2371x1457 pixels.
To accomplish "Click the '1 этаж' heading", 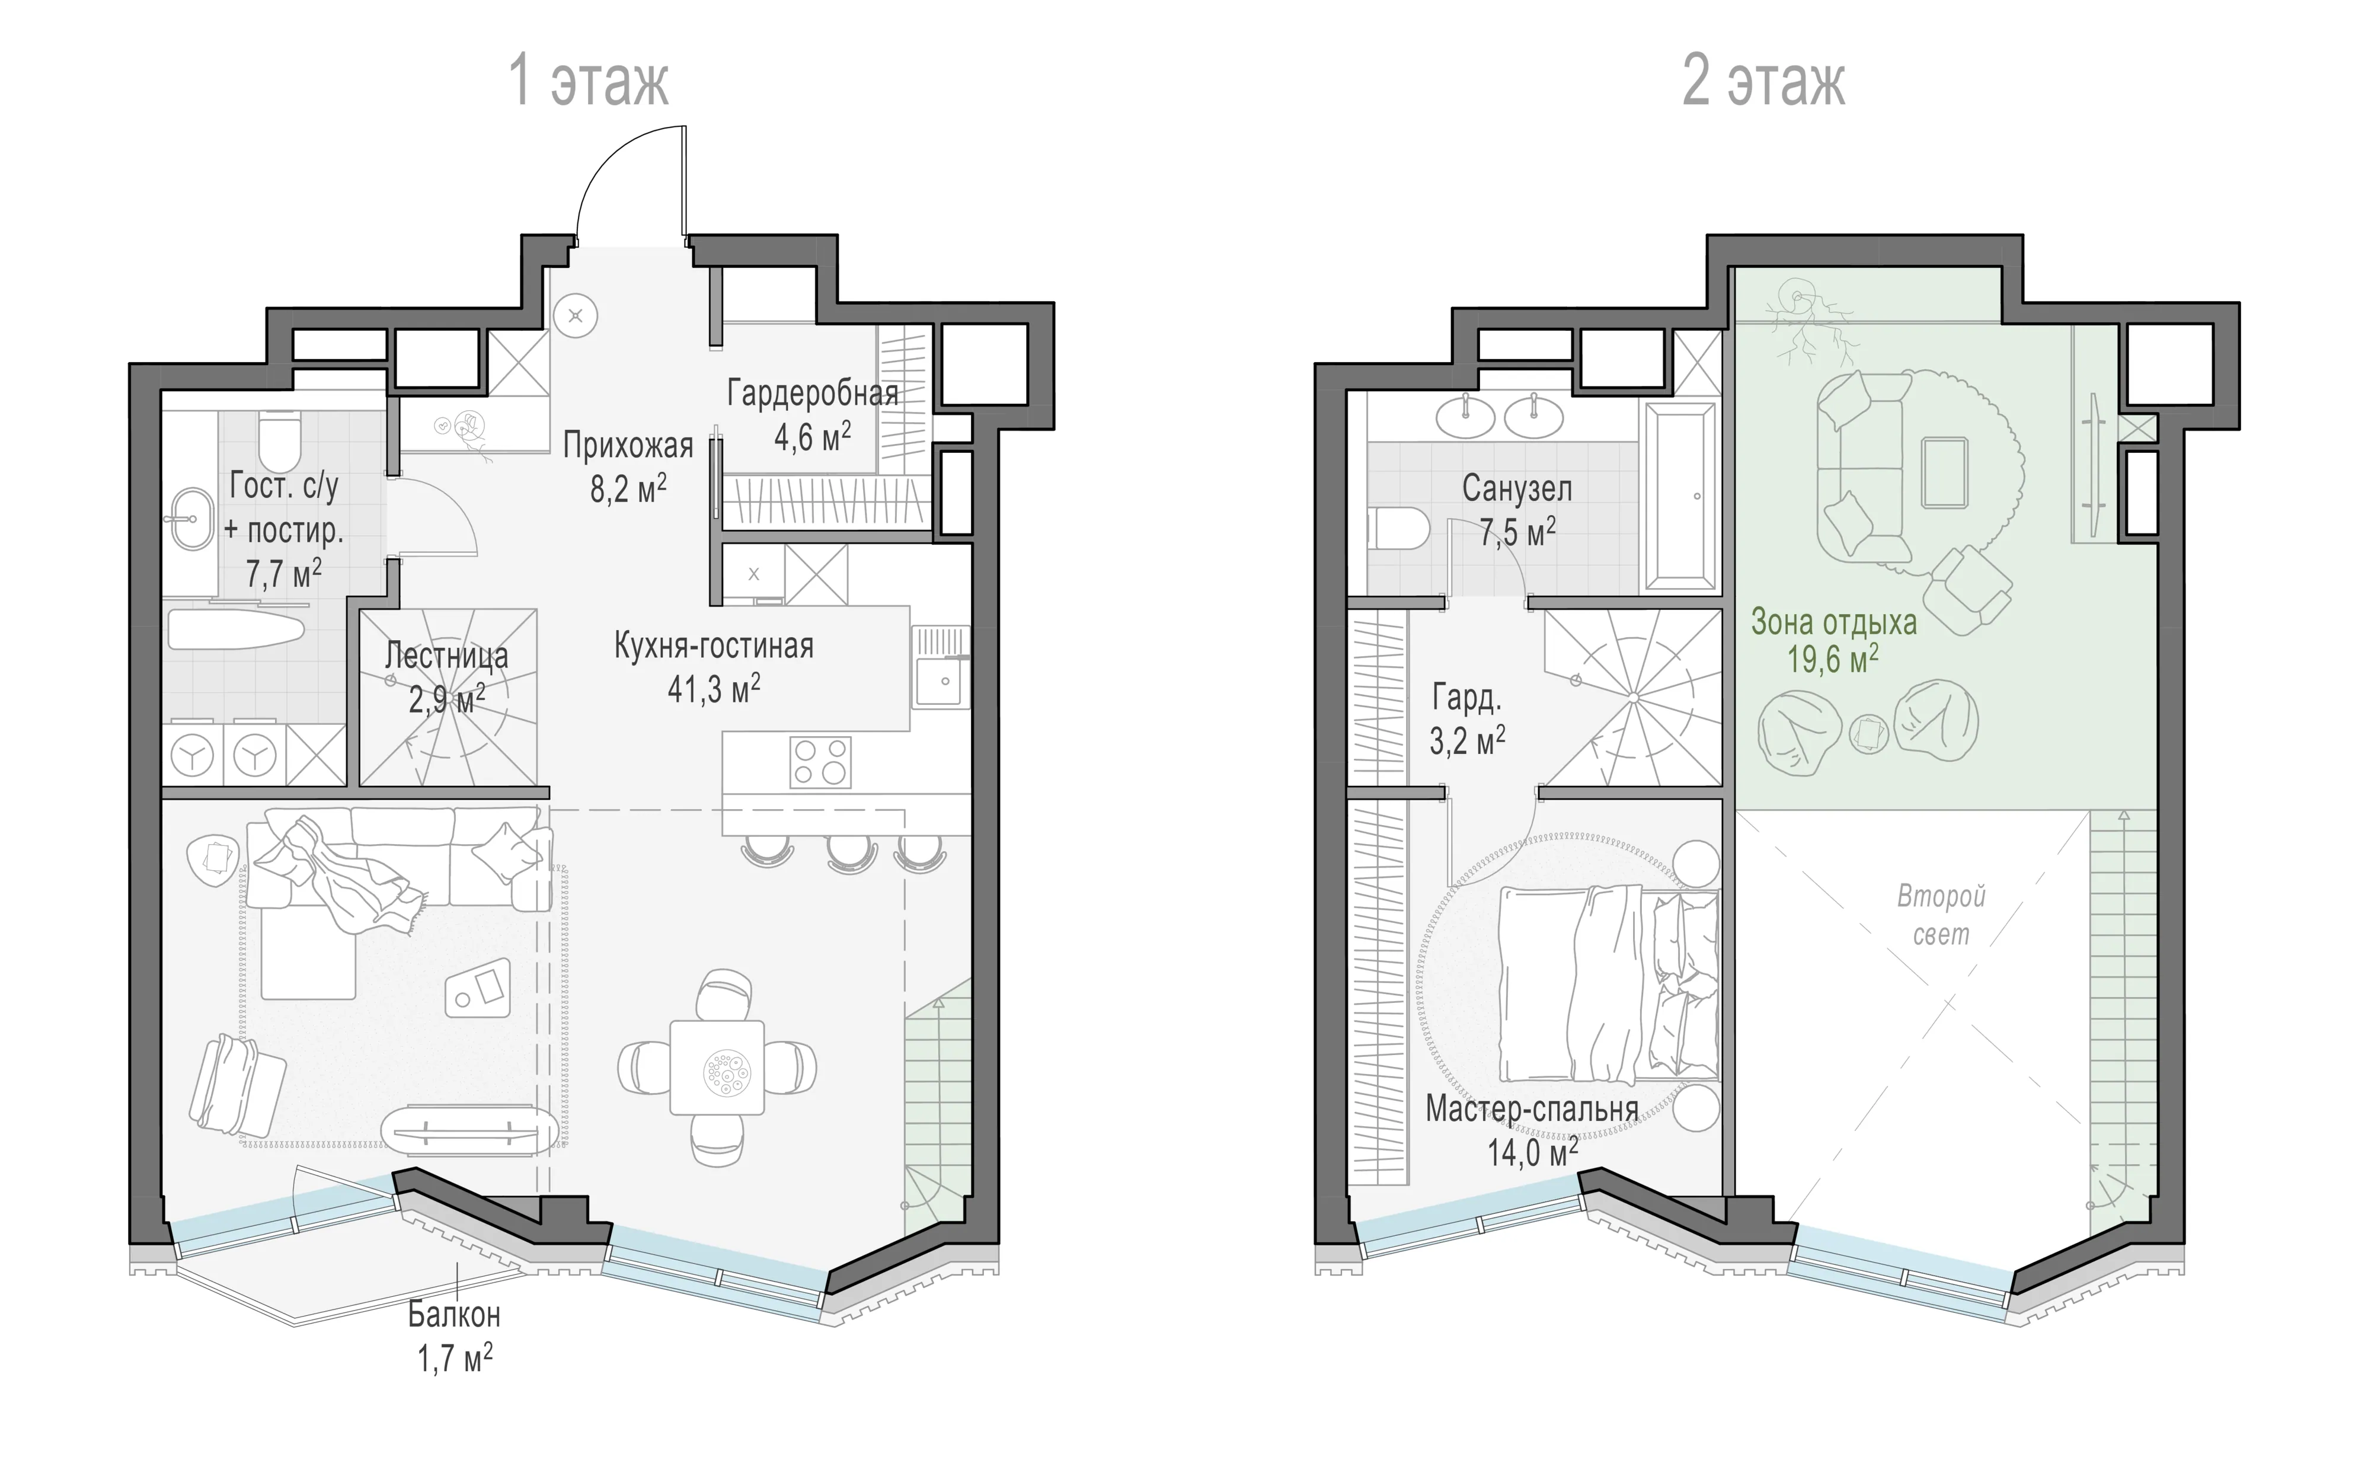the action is pos(589,81).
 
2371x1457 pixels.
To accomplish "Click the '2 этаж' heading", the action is pos(1764,81).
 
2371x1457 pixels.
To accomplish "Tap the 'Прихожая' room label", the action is pos(628,445).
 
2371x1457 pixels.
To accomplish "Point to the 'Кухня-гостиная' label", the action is pos(714,646).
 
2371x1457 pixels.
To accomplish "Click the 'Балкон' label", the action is pos(454,1314).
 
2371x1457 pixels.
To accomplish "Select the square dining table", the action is pos(718,1068).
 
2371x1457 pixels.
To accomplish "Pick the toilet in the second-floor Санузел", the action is pos(1398,529).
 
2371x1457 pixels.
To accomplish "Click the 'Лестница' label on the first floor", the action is pos(446,656).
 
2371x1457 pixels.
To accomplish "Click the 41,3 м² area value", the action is pos(714,689).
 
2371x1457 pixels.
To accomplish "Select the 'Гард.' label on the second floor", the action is pos(1466,698).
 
